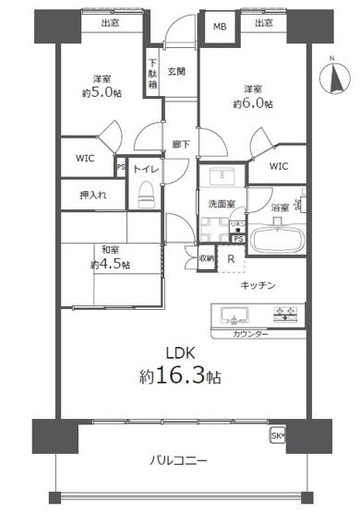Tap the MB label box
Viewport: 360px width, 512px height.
click(220, 26)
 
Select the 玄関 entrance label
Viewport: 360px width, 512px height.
click(175, 71)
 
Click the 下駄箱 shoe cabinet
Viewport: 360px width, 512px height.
click(152, 73)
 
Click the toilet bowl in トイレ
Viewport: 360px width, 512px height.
click(146, 196)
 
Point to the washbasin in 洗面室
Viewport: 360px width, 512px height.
click(220, 178)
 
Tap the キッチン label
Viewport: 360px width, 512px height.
click(259, 286)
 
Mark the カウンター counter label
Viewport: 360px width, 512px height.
click(251, 333)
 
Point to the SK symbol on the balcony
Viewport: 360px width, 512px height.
click(277, 435)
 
